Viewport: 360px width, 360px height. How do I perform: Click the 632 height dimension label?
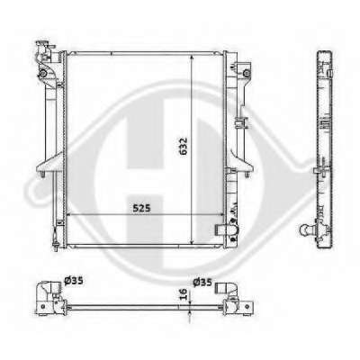point(183,146)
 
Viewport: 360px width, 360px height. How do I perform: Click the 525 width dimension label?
point(141,208)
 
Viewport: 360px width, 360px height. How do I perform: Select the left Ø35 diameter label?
point(74,281)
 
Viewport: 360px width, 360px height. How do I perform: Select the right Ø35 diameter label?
point(202,283)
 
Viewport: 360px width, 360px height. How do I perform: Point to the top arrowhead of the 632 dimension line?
point(191,58)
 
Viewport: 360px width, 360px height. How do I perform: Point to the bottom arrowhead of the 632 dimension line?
point(191,242)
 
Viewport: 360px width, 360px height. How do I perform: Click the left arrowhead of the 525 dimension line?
point(69,214)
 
